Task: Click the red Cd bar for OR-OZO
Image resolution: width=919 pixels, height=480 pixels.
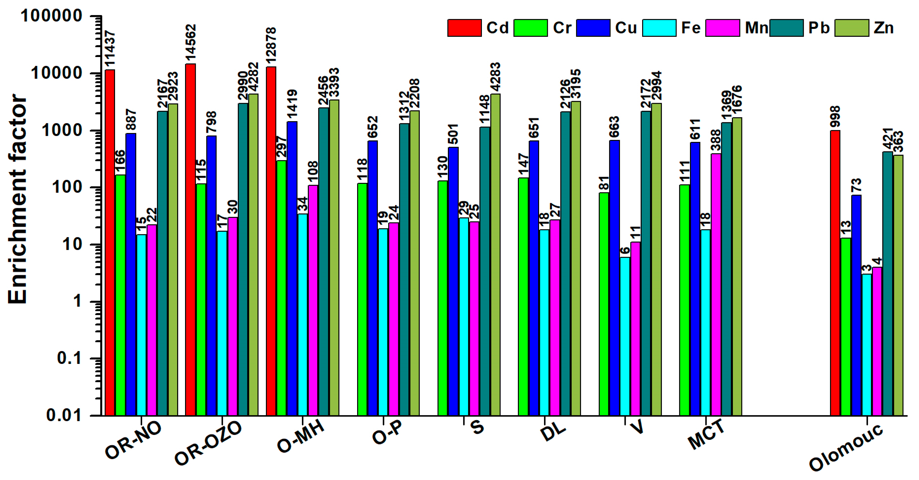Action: [x=190, y=239]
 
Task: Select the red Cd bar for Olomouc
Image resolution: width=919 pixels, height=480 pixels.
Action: [x=835, y=273]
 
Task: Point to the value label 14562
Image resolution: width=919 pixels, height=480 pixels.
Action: [x=191, y=42]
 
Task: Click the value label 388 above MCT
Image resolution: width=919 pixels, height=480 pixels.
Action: [x=716, y=140]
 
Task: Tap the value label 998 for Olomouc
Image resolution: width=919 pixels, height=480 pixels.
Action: [x=835, y=117]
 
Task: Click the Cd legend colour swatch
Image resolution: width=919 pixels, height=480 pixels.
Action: [x=464, y=28]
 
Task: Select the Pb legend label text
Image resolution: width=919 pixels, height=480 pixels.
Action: [x=819, y=28]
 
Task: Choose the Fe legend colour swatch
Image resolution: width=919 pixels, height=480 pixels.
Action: [x=659, y=28]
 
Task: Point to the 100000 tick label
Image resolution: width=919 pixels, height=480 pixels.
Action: [x=51, y=16]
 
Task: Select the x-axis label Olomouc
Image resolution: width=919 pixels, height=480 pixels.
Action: [x=846, y=448]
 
